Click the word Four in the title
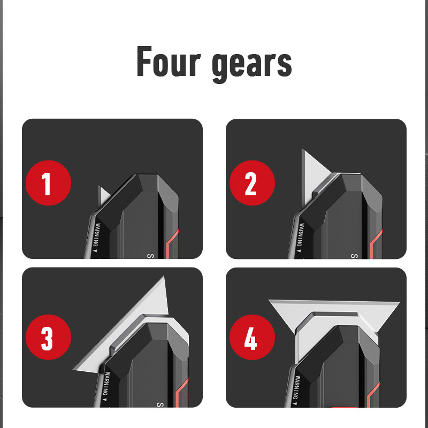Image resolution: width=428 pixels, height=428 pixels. [169, 61]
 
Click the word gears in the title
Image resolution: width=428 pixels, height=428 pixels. [252, 65]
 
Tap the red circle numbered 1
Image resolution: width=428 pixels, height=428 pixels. [48, 182]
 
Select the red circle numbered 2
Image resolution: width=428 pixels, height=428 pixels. [252, 182]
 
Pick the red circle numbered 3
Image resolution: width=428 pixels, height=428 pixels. [48, 337]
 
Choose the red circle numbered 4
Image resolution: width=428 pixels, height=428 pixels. [252, 337]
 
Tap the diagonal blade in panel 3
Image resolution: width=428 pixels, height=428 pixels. [128, 327]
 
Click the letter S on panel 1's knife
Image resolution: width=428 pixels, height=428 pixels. [150, 256]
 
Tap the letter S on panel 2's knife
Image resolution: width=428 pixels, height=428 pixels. [354, 256]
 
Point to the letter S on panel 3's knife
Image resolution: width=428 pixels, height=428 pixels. [160, 404]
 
